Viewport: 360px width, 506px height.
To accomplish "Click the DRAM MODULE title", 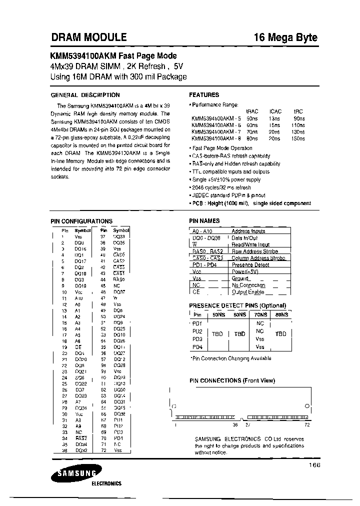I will point(89,37).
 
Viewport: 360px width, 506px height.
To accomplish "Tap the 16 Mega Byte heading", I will point(285,37).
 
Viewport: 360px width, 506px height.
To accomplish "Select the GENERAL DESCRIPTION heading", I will point(85,95).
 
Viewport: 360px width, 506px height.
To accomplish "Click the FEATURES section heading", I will point(204,95).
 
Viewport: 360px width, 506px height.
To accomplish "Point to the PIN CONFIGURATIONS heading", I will point(81,221).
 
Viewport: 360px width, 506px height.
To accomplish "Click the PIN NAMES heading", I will point(204,220).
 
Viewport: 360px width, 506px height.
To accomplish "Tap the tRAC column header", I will point(252,111).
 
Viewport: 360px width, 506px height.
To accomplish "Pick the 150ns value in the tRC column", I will point(298,138).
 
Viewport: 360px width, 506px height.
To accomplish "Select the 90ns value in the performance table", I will point(299,118).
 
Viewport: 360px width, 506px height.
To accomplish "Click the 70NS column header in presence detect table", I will point(260,315).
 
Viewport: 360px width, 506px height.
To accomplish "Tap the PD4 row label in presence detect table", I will point(197,347).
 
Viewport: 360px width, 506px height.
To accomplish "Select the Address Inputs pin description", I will point(248,231).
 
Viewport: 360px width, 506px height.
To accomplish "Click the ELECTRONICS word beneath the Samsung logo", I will point(106,483).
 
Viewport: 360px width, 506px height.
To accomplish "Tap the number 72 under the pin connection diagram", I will point(307,424).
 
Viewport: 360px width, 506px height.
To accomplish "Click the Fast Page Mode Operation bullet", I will point(222,148).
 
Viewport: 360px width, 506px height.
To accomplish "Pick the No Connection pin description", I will point(248,285).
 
